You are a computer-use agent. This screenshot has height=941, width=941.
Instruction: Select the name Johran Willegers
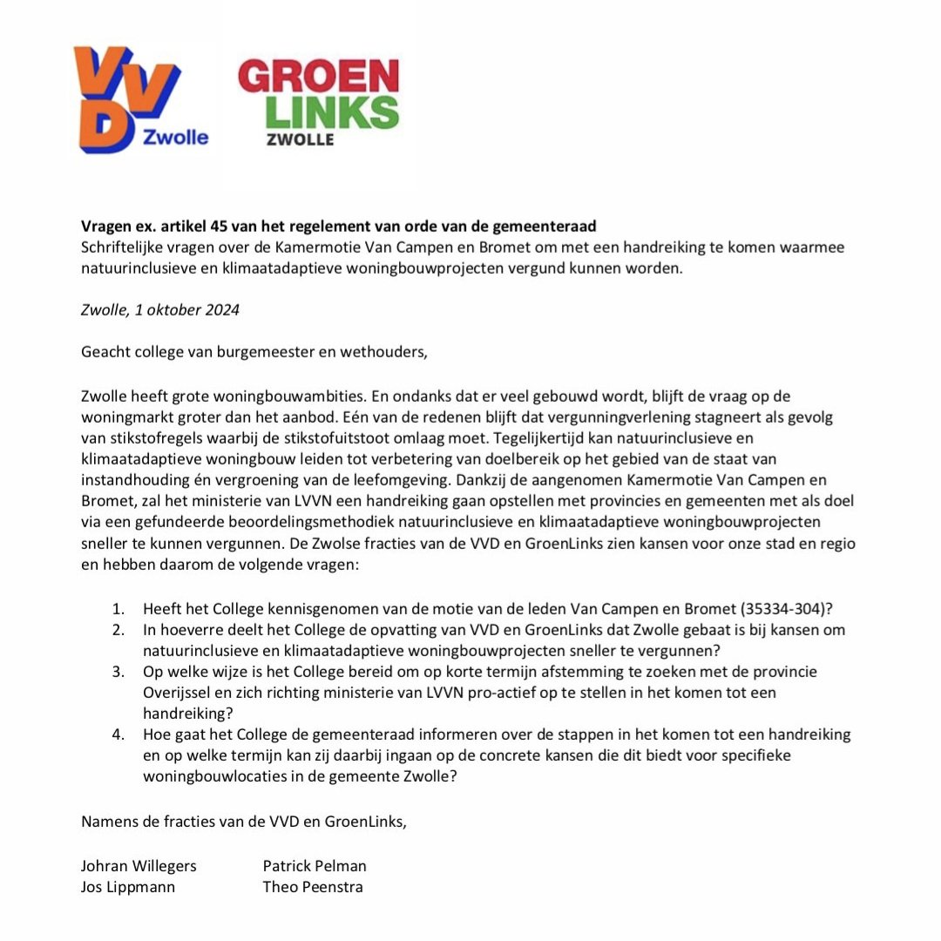(139, 865)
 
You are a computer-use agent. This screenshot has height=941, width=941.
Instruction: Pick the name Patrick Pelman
(315, 865)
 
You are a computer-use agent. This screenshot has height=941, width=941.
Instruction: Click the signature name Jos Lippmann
(128, 887)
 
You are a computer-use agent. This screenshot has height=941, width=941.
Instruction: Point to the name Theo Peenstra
(313, 887)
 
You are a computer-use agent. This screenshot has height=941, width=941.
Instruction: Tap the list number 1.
(121, 608)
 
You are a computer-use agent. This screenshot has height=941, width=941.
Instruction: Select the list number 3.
(121, 672)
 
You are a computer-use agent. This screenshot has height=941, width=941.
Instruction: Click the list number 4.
(121, 735)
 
